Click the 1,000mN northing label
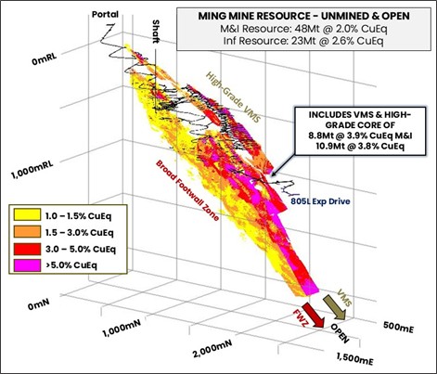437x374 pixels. click(x=123, y=329)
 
